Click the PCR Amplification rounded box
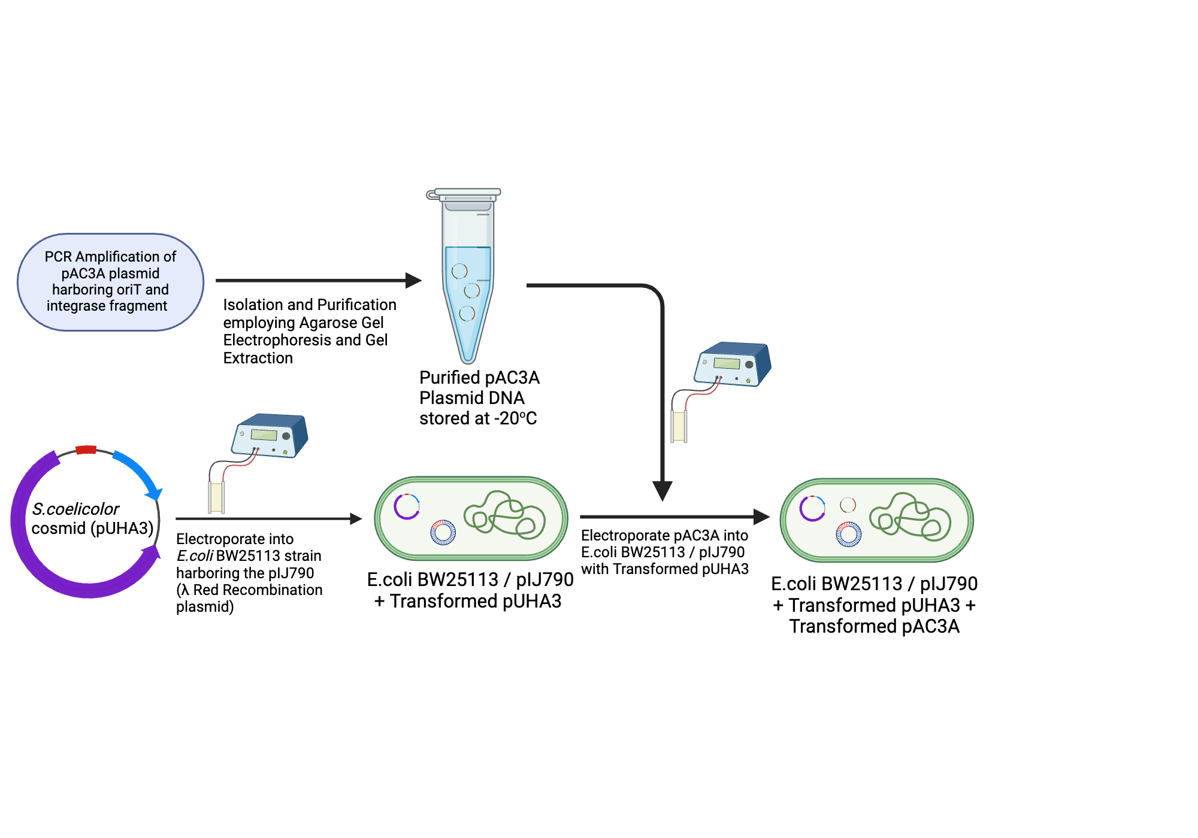pyautogui.click(x=110, y=281)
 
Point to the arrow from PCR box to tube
pyautogui.click(x=317, y=280)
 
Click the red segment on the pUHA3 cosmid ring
pyautogui.click(x=86, y=450)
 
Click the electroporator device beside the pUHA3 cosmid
pyautogui.click(x=271, y=435)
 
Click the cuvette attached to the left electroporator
pyautogui.click(x=216, y=497)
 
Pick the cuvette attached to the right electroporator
pyautogui.click(x=679, y=426)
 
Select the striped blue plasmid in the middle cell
pyautogui.click(x=443, y=532)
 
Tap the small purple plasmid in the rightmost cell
pyautogui.click(x=812, y=508)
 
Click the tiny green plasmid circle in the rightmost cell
pyautogui.click(x=848, y=505)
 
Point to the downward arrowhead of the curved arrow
pyautogui.click(x=662, y=491)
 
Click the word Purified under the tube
pyautogui.click(x=449, y=378)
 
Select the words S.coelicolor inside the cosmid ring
pyautogui.click(x=75, y=509)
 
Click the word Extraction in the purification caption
pyautogui.click(x=258, y=358)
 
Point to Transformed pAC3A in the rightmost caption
pyautogui.click(x=875, y=626)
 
